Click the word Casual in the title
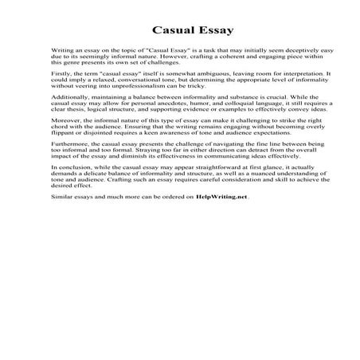155,32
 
